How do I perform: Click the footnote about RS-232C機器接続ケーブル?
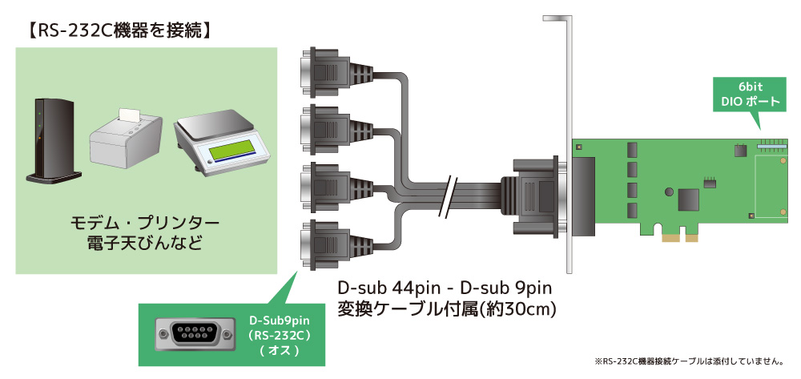694,361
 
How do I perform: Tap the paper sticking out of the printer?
129,114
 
